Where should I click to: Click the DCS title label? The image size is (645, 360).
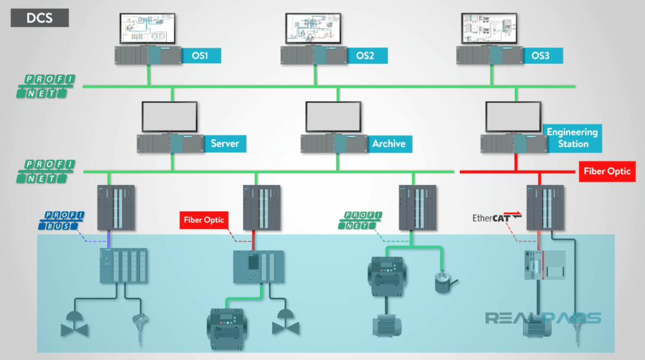(x=39, y=18)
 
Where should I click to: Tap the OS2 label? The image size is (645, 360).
(x=365, y=56)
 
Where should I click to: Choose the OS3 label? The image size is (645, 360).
(x=540, y=56)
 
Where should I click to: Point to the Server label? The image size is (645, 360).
(x=225, y=144)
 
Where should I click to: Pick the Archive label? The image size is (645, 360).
(x=388, y=144)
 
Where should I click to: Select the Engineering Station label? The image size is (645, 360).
(x=572, y=138)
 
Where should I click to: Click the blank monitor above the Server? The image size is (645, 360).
(x=170, y=116)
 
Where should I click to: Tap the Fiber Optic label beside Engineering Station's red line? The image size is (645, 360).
(x=607, y=171)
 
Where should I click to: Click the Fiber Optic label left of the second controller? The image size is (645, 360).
(x=204, y=220)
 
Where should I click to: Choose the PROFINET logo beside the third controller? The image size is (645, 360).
(x=360, y=220)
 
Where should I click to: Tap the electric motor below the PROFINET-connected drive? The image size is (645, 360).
(x=386, y=325)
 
